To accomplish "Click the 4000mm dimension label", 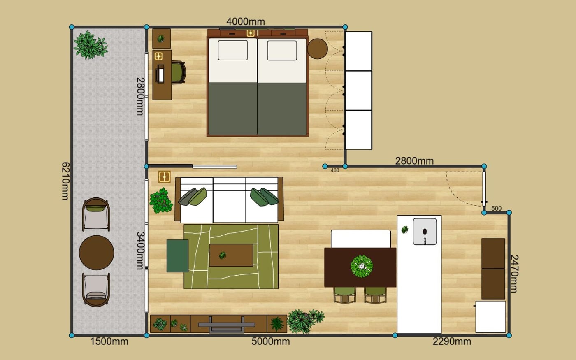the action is (246, 21).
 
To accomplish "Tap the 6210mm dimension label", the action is (65, 181).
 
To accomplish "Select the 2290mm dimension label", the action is (452, 342).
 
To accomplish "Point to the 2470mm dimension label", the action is (514, 274).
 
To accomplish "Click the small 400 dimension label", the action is (335, 170).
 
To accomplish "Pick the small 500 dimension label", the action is (496, 208).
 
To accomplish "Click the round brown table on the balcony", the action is (96, 253).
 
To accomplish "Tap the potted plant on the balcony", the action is (91, 45).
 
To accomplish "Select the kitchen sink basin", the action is (425, 231).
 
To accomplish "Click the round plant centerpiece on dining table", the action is (362, 267).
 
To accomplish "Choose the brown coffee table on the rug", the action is (231, 255).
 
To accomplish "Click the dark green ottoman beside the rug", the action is (177, 256).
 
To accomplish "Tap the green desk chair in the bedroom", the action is (178, 72).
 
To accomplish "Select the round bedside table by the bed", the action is (317, 49).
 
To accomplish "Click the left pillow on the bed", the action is (233, 50).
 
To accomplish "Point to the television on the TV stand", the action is (227, 325).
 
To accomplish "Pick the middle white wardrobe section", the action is (358, 91).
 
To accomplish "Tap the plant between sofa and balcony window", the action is (161, 201).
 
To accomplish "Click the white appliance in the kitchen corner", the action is (490, 317).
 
